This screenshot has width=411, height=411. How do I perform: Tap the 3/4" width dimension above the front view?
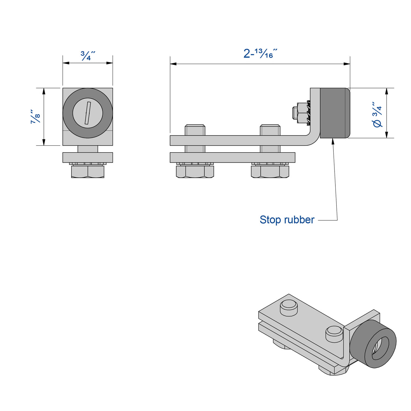[x=88, y=56]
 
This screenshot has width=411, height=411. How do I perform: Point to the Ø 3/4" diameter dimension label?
[x=378, y=115]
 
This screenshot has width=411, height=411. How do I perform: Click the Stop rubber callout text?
[x=287, y=220]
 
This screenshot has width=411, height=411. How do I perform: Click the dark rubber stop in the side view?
[x=334, y=113]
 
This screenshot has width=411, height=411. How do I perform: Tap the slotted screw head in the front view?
[x=88, y=113]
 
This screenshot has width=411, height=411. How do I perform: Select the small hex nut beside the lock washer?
[x=298, y=113]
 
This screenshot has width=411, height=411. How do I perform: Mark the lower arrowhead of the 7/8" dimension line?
[x=44, y=142]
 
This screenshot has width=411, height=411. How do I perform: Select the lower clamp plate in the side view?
[x=232, y=158]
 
